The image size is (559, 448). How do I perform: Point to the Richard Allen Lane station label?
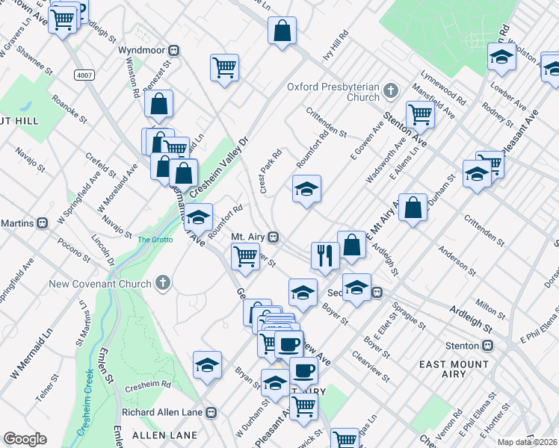169,411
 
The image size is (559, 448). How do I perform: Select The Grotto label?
155,240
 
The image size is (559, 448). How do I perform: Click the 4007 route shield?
84,75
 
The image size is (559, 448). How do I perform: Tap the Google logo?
25,439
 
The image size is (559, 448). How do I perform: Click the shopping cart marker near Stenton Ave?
421,113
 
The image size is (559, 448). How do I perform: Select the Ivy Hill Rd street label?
336,46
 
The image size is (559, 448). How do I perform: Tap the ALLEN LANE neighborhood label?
164,435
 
